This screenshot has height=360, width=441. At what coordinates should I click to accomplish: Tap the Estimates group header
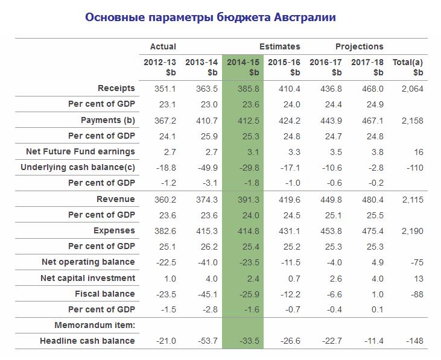[279, 46]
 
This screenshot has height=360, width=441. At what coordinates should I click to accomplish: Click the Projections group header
[359, 46]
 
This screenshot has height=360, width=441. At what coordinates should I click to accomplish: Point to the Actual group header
[163, 46]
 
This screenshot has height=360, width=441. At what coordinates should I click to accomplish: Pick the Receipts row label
[116, 88]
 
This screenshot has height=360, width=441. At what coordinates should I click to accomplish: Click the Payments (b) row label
[108, 120]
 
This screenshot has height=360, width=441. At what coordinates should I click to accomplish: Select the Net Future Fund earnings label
[81, 151]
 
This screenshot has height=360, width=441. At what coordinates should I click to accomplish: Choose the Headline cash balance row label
[87, 341]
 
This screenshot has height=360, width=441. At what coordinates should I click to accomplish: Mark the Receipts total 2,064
[412, 88]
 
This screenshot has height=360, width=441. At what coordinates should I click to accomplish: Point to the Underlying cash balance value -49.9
[207, 167]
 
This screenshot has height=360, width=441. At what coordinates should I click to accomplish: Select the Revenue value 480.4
[372, 199]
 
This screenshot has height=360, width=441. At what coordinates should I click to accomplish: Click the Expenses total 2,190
[412, 230]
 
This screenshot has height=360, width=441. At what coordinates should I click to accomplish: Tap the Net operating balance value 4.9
[376, 262]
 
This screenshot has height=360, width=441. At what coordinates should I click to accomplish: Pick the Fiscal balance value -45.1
[207, 294]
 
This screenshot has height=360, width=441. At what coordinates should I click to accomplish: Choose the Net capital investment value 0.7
[293, 278]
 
